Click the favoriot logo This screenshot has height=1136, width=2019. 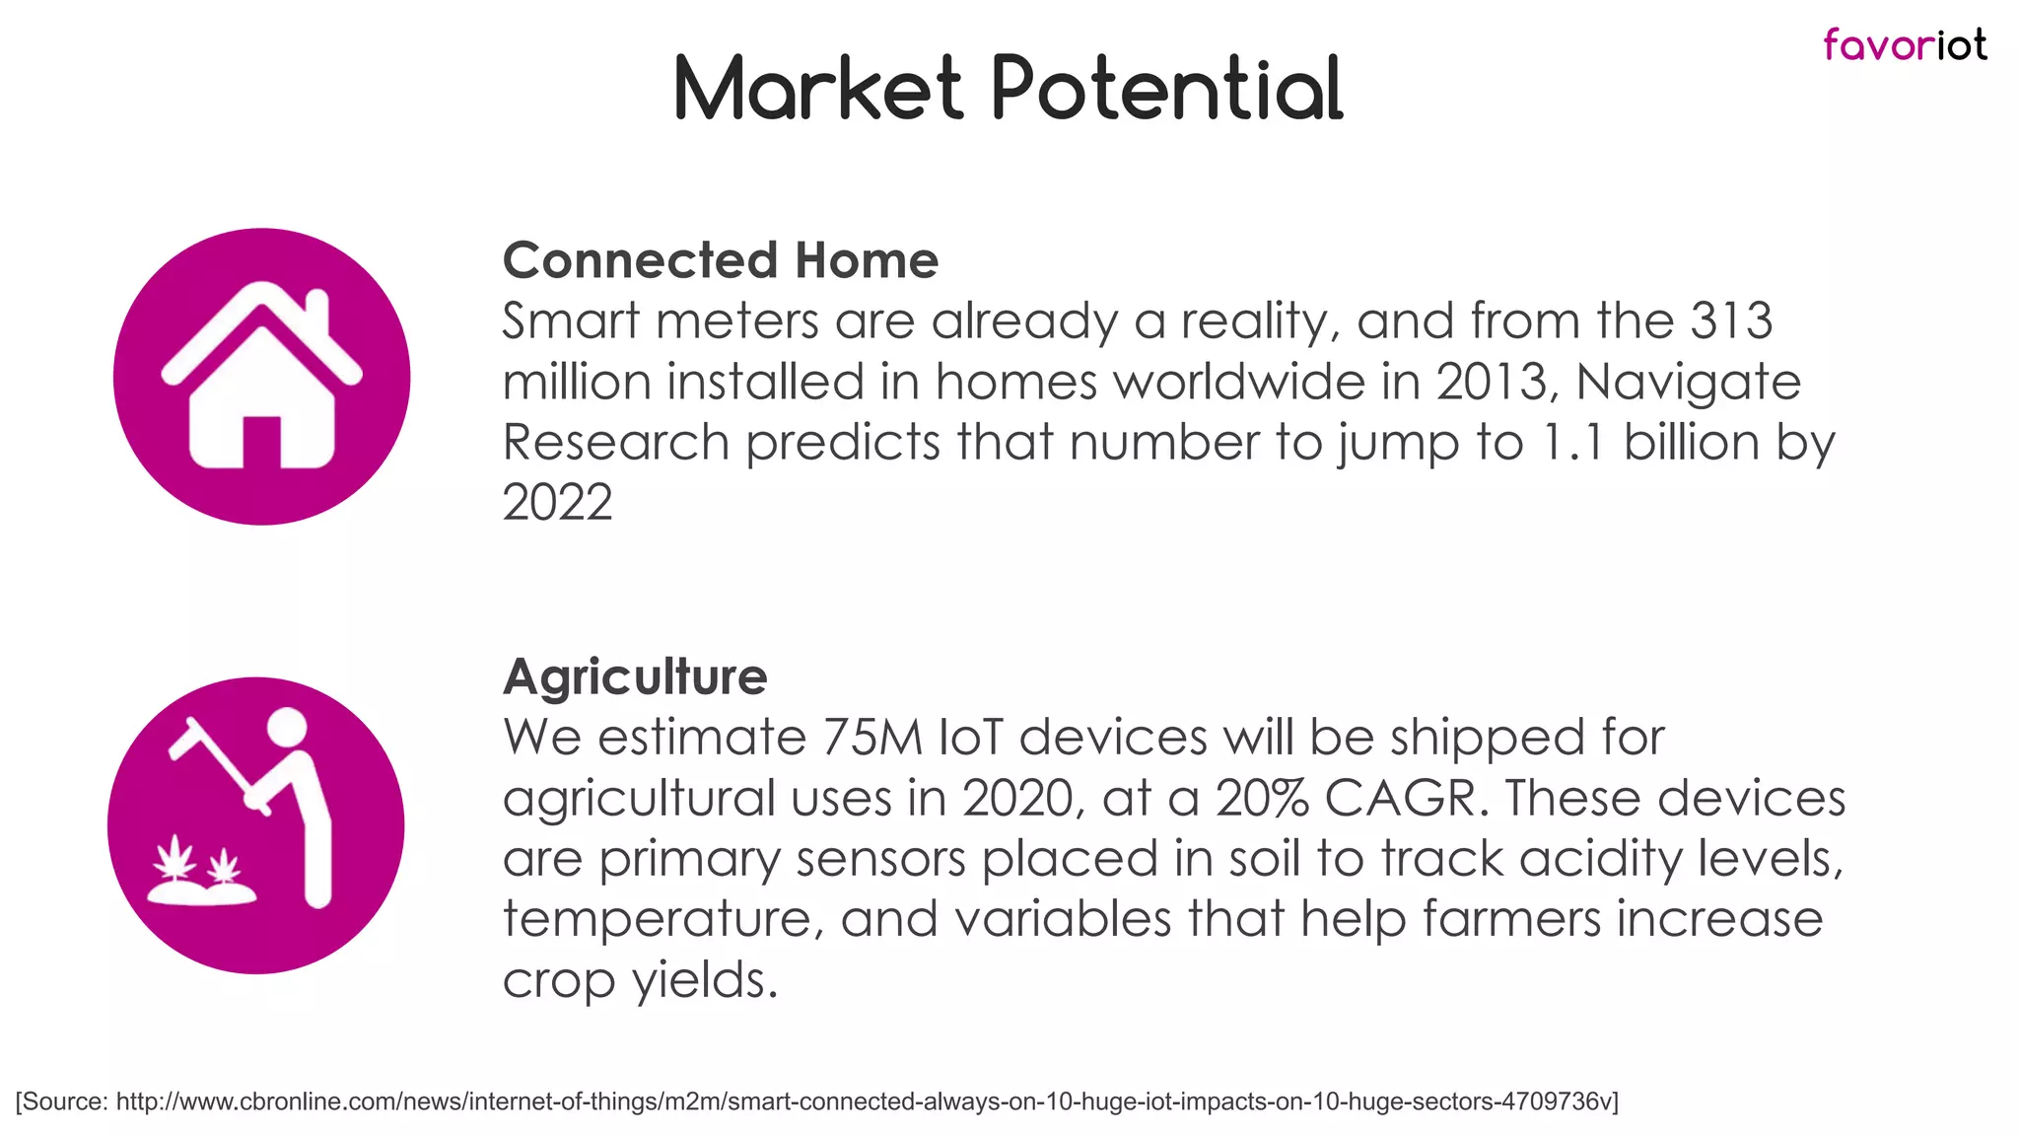pyautogui.click(x=1904, y=45)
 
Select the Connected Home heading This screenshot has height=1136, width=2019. pyautogui.click(x=720, y=260)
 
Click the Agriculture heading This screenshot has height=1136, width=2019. pyautogui.click(x=635, y=676)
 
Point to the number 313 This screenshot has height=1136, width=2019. pyautogui.click(x=1732, y=321)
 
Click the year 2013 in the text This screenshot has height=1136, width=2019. pyautogui.click(x=1491, y=382)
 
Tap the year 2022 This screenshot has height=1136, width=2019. pyautogui.click(x=557, y=503)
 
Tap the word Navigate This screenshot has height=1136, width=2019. pyautogui.click(x=1688, y=382)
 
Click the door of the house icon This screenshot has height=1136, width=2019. pyautogui.click(x=261, y=442)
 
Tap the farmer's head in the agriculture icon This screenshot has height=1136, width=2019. pyautogui.click(x=287, y=728)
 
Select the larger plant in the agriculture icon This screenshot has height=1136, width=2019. pyautogui.click(x=176, y=859)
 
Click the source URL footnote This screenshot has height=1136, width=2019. pyautogui.click(x=816, y=1101)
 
